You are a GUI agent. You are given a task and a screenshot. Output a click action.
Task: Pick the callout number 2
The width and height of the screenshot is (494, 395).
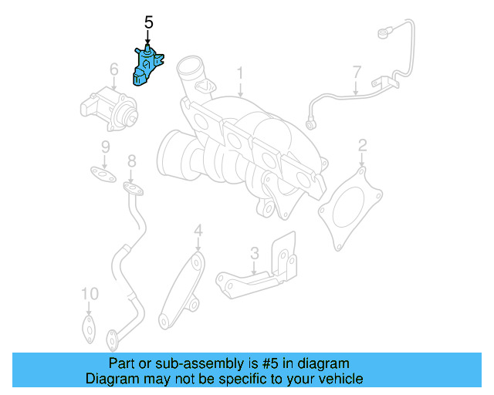pos(362,144)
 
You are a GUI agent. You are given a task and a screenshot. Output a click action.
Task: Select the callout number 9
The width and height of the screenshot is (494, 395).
pos(105,147)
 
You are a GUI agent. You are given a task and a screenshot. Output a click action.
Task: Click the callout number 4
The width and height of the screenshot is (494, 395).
pos(198,229)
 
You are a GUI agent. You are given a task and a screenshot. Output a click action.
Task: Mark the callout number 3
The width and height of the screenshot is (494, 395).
pos(254,253)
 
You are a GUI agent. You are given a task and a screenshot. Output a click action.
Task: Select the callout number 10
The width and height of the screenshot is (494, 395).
pos(90,293)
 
